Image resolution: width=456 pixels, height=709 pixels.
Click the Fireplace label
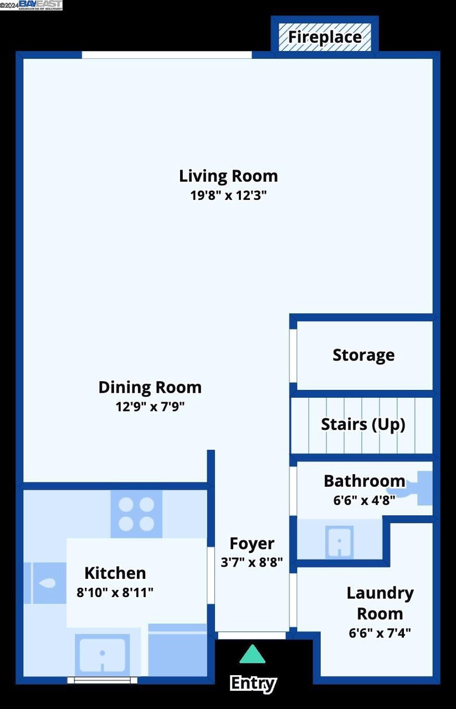(x=325, y=38)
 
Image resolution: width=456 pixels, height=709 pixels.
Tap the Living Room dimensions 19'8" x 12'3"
(x=228, y=196)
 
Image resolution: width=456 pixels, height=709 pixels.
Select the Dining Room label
(x=150, y=387)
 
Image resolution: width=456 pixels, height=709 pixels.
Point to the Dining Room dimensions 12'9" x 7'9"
(x=150, y=407)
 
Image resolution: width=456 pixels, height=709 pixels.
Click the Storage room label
(x=363, y=355)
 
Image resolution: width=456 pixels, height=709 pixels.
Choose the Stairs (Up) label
(x=363, y=425)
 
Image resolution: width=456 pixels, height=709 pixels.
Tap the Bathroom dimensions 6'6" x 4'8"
(x=364, y=501)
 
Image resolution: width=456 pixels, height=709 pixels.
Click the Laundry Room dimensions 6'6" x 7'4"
(x=380, y=633)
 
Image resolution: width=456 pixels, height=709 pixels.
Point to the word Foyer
(x=252, y=544)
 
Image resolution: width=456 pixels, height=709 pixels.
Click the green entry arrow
(x=252, y=655)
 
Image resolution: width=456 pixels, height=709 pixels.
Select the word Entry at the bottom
(x=253, y=684)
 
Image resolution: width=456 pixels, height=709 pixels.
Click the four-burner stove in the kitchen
(x=136, y=513)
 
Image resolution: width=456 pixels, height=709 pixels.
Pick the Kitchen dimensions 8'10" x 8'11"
(x=115, y=593)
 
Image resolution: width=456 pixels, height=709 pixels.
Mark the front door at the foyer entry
(x=252, y=635)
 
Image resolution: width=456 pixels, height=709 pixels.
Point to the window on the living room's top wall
(x=167, y=55)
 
